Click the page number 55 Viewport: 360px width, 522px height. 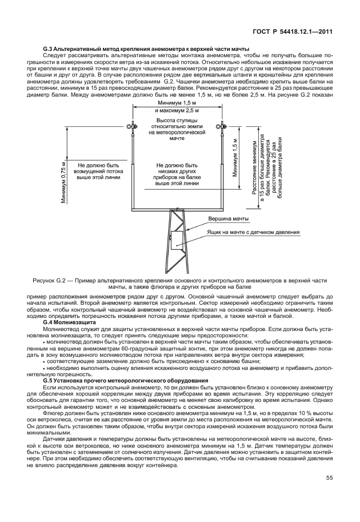329,493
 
